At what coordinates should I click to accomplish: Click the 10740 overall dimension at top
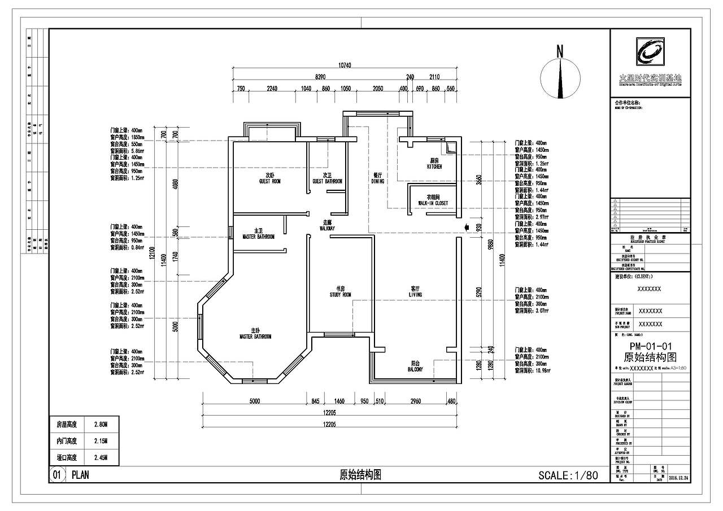345,65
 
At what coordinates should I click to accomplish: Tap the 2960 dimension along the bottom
415,401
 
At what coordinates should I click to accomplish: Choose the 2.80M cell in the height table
100,424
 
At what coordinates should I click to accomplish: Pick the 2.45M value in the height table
100,457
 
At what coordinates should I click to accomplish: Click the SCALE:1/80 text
568,475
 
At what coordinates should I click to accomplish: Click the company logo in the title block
650,53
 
